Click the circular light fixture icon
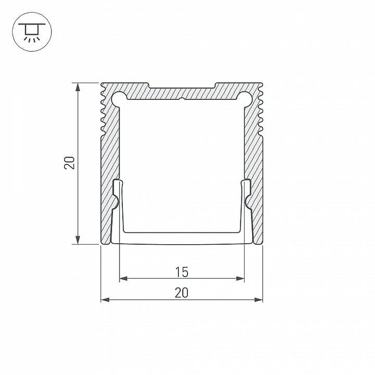coord(32,32)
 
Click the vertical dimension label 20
coord(69,163)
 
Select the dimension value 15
coord(182,272)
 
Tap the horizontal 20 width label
coord(181,292)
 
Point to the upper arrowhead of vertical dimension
coord(77,87)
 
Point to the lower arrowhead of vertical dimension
coord(77,240)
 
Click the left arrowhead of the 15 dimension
coord(123,278)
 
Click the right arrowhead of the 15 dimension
coord(240,278)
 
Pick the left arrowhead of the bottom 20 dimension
coord(105,300)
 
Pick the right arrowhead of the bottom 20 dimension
coord(259,300)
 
